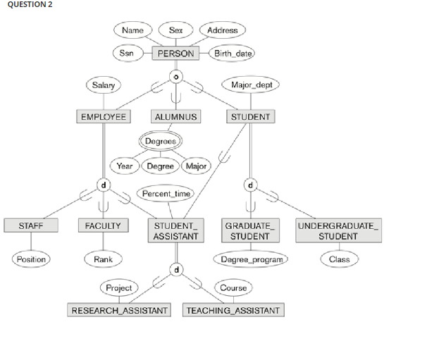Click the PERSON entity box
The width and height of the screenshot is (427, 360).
click(x=175, y=53)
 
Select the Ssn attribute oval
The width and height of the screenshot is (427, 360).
click(x=127, y=53)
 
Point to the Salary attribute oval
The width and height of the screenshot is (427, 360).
click(x=103, y=85)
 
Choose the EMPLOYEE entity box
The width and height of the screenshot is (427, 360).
click(x=103, y=116)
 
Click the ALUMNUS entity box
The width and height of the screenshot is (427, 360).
click(x=175, y=116)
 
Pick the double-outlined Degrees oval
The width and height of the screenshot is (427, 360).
click(x=161, y=142)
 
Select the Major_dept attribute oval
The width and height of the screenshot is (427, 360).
click(x=250, y=85)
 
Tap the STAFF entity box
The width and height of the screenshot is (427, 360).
click(x=31, y=226)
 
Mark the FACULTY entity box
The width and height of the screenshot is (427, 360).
click(x=103, y=226)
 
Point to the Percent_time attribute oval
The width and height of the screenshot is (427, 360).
click(x=166, y=193)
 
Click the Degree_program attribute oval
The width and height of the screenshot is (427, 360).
click(x=251, y=259)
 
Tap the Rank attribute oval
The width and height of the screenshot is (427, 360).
click(x=103, y=259)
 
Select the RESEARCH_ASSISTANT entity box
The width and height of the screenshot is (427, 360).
click(x=119, y=310)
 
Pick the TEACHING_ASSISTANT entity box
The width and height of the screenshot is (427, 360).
click(x=233, y=310)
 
